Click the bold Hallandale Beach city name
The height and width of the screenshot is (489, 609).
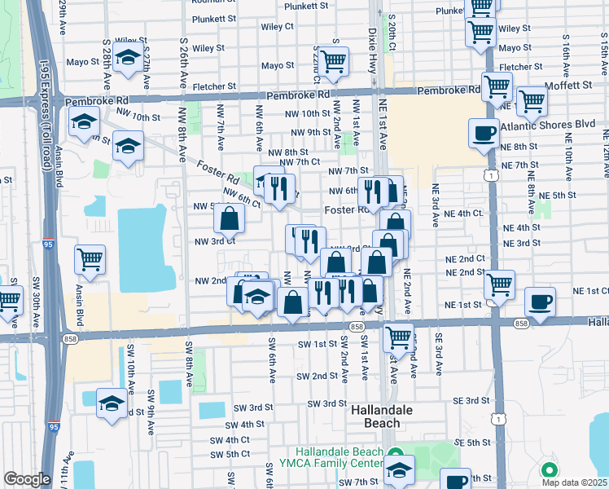click(x=375, y=416)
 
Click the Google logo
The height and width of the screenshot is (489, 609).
click(x=27, y=479)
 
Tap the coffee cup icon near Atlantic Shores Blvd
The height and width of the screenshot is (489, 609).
click(x=485, y=134)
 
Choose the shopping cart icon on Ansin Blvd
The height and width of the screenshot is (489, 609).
click(x=90, y=259)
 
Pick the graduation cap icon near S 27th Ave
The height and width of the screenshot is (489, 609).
click(x=126, y=59)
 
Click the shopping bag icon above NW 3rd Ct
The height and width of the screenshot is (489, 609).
click(x=230, y=218)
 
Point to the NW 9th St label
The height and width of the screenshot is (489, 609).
click(x=309, y=132)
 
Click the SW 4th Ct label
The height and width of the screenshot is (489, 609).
click(x=230, y=439)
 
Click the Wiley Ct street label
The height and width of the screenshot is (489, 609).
click(x=277, y=26)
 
